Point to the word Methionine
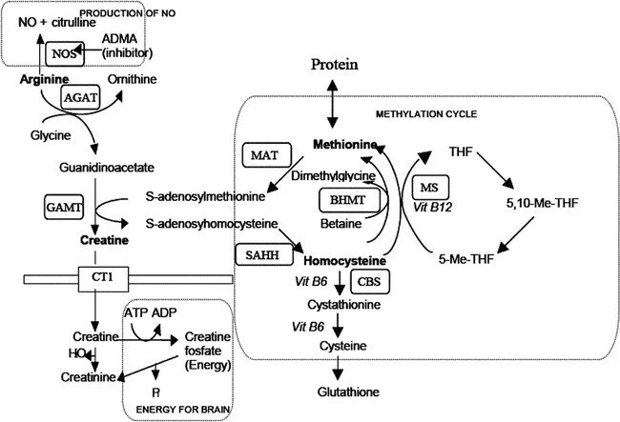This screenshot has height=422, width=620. coord(341,144)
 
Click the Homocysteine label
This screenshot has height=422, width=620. coord(344,260)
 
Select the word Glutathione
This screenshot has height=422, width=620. coord(342,391)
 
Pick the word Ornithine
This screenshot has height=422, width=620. coord(129,78)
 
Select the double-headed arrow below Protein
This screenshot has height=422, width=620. coord(332,102)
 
